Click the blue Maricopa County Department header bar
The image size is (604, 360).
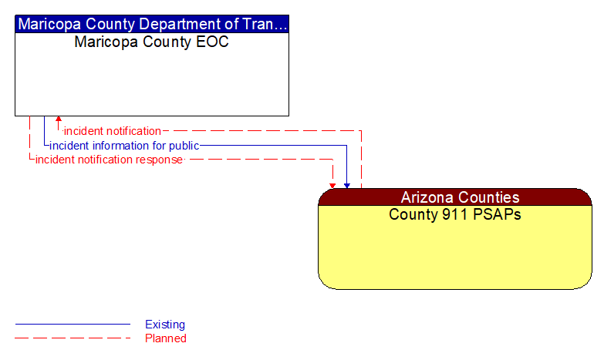click(152, 23)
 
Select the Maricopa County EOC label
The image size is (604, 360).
click(152, 42)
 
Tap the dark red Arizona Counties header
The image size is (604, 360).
click(455, 197)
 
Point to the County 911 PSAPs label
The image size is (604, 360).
click(455, 214)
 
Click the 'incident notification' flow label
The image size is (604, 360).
click(113, 131)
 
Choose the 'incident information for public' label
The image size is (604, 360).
click(124, 146)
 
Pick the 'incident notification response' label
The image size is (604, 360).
click(109, 160)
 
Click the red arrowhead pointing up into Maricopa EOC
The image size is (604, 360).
click(59, 120)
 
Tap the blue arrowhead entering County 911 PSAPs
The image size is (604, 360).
click(347, 185)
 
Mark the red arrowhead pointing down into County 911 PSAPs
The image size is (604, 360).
click(332, 185)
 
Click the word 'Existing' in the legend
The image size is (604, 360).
click(165, 325)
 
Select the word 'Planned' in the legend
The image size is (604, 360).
click(166, 338)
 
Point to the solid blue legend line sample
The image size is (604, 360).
click(73, 325)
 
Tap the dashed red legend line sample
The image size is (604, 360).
click(73, 338)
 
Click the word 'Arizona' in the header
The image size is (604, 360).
click(427, 197)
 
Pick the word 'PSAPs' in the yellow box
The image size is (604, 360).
click(498, 214)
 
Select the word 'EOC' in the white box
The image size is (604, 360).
click(213, 42)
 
